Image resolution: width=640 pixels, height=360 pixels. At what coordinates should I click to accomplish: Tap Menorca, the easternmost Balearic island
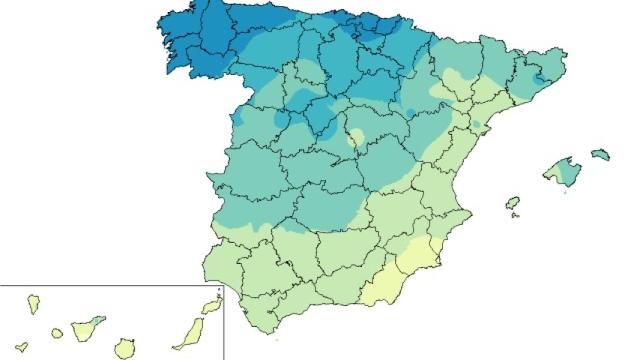[600, 154]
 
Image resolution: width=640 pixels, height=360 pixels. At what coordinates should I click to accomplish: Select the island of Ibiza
[513, 203]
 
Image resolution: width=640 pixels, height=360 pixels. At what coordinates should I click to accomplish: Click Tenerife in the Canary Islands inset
[88, 326]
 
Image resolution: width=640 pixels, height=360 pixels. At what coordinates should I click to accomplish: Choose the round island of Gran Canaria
[125, 347]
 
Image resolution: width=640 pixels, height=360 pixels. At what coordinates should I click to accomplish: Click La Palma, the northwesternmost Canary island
[34, 300]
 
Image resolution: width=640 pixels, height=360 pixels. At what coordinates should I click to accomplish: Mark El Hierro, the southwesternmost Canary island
[22, 347]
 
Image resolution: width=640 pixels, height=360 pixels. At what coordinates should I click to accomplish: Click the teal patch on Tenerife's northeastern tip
[99, 320]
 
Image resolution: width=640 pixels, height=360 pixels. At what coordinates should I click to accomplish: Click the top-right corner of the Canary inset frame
[223, 286]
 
